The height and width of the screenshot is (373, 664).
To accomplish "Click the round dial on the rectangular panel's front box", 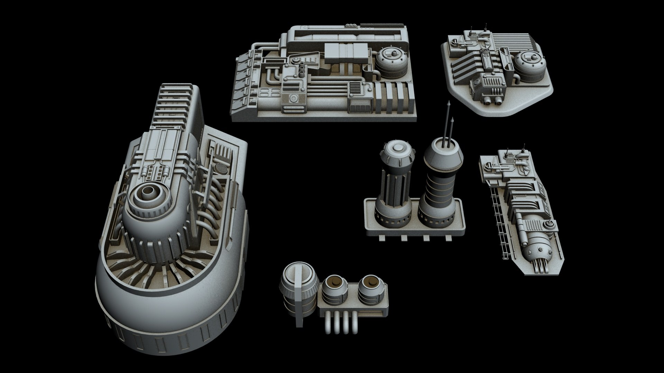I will (x=294, y=98).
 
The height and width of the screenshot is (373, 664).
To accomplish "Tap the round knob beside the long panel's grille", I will (x=548, y=224).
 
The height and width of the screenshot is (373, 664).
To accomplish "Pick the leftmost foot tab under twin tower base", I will (x=382, y=238).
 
